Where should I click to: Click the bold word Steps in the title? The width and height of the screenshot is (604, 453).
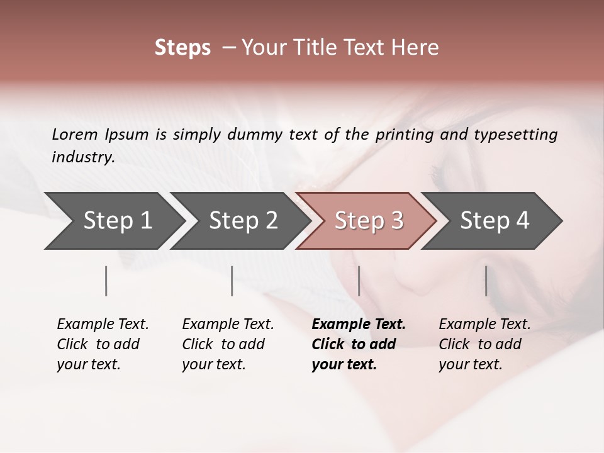click(x=182, y=48)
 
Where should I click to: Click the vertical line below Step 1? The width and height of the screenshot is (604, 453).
click(x=106, y=281)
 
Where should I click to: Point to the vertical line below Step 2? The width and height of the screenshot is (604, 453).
click(x=232, y=281)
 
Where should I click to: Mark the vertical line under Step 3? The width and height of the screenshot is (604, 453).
click(x=359, y=281)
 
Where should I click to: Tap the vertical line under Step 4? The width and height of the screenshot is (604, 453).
click(x=486, y=281)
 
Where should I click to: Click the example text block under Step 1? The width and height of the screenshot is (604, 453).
click(x=103, y=344)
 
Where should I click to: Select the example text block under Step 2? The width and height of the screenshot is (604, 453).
click(x=228, y=344)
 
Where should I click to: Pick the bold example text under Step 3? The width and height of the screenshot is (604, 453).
click(x=358, y=344)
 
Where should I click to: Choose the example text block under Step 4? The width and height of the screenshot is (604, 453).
click(x=484, y=344)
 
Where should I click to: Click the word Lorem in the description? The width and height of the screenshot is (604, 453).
click(x=75, y=134)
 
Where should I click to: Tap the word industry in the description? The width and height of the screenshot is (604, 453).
click(x=83, y=157)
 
